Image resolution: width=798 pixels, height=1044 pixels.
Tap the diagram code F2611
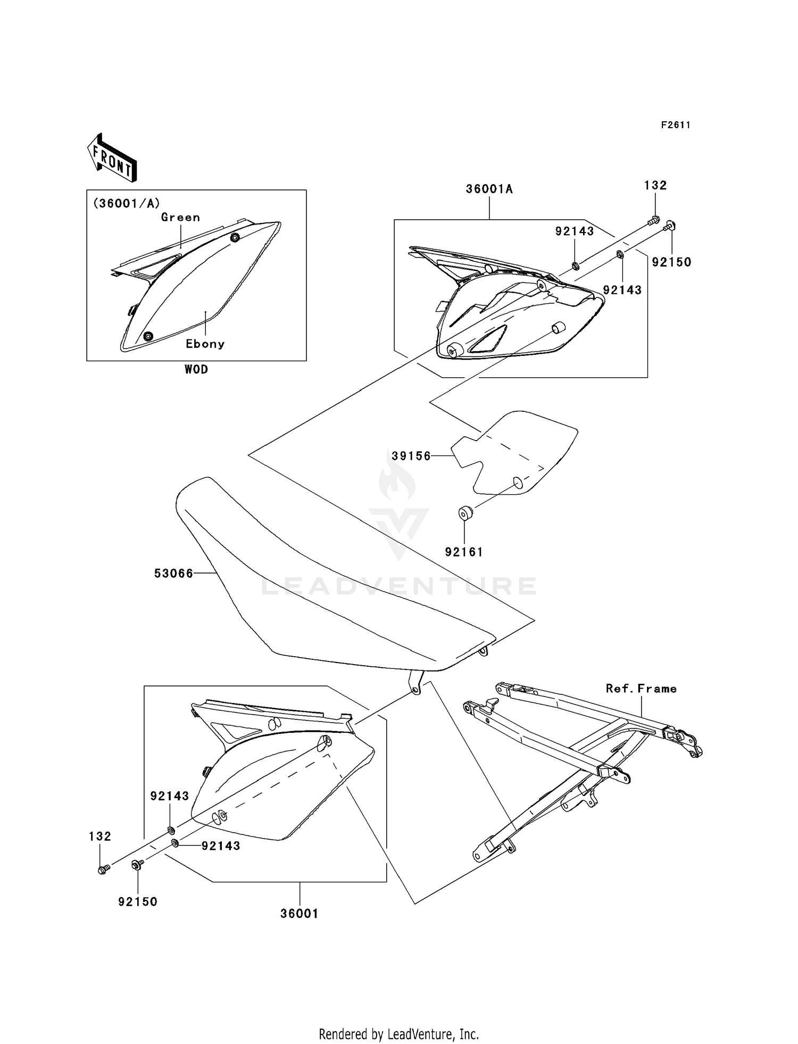tap(676, 125)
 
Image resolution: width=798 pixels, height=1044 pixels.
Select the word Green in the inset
tap(180, 217)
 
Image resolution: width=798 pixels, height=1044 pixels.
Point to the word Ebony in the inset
tap(205, 344)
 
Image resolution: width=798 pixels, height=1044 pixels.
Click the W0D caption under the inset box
tap(196, 369)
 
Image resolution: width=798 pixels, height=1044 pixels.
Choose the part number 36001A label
tap(489, 189)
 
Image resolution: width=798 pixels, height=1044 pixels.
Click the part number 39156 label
tap(411, 456)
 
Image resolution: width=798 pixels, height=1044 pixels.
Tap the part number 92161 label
tap(464, 552)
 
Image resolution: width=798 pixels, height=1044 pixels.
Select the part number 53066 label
tap(173, 574)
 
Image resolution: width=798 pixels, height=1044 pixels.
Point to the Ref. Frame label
tap(641, 689)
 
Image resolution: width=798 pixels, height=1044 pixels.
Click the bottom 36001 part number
tap(300, 914)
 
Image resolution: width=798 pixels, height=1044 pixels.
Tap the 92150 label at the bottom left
tap(138, 902)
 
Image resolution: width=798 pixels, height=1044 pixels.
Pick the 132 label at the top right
tap(655, 185)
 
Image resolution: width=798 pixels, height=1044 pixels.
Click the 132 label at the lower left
tap(100, 836)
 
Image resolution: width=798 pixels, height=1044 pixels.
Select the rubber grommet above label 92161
tap(465, 513)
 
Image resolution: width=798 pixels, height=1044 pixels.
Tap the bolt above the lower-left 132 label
tap(103, 869)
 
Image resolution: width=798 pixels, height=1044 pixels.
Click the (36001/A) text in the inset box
tap(126, 203)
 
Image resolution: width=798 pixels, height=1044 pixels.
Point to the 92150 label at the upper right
tap(671, 262)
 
